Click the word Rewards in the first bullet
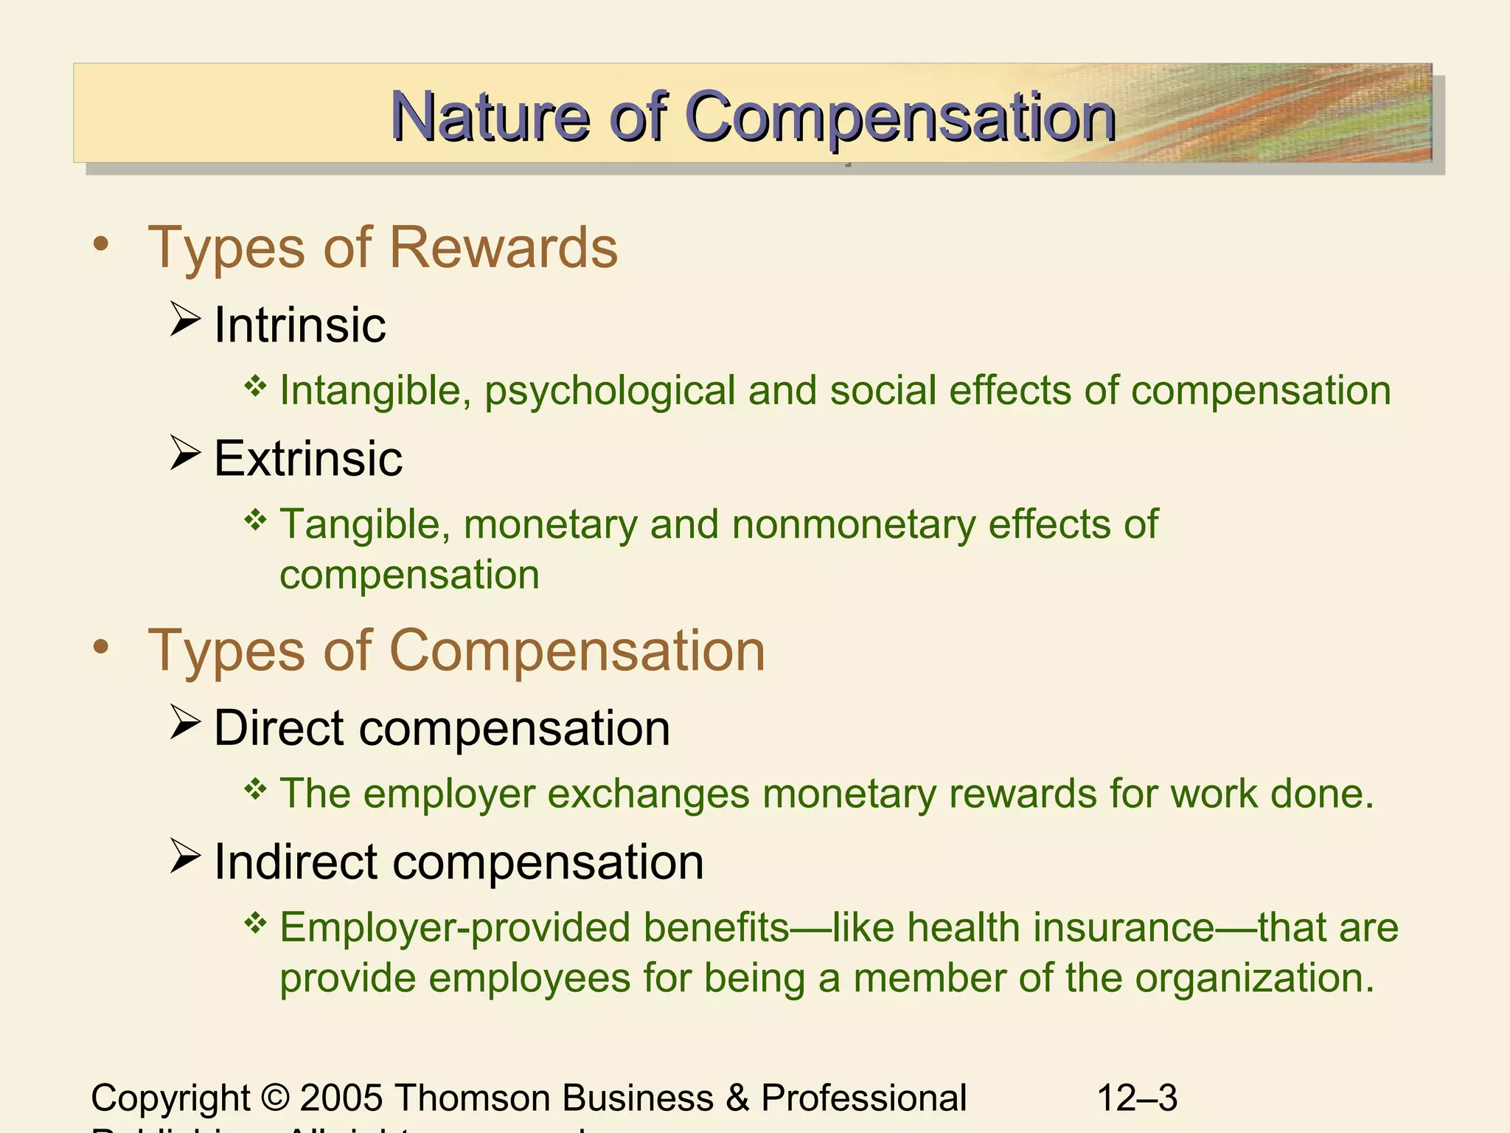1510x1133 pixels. (x=504, y=248)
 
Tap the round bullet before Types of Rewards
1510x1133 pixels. (x=101, y=244)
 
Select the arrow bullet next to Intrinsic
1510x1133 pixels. (x=184, y=319)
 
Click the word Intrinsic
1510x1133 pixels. (x=299, y=325)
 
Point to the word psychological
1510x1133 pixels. (x=610, y=391)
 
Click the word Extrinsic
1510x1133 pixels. (x=308, y=459)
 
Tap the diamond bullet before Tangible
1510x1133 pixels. (x=255, y=520)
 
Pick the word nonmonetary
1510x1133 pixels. (x=853, y=524)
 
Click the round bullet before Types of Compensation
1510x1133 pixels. (x=101, y=647)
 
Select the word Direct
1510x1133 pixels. (x=279, y=728)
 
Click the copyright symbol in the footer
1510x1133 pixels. (x=274, y=1098)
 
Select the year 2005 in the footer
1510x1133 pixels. (x=341, y=1098)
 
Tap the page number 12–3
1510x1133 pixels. (x=1137, y=1098)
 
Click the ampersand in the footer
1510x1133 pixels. (x=737, y=1098)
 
